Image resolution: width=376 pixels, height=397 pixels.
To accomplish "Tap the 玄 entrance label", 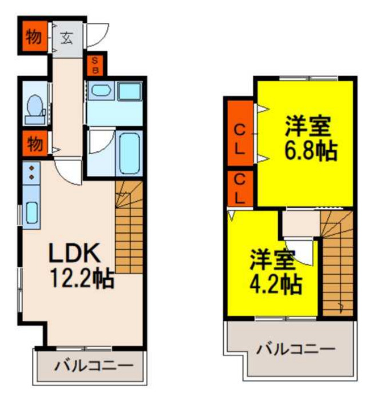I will click(x=66, y=39).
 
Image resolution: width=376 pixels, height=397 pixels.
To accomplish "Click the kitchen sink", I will click(x=31, y=214).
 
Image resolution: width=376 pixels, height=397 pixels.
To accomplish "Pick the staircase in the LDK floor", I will click(x=128, y=228).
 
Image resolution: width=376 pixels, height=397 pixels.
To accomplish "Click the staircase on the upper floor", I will click(x=337, y=263).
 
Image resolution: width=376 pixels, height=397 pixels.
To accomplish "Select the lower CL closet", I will click(x=240, y=188).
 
